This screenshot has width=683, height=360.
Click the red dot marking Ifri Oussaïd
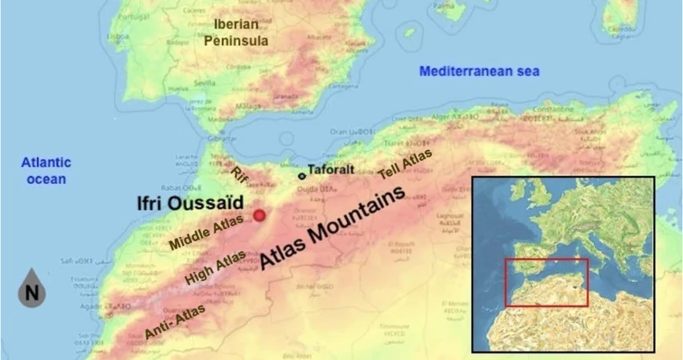coord(260,215)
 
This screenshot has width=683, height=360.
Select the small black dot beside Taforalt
coord(301,175)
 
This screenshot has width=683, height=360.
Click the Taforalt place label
coord(331,171)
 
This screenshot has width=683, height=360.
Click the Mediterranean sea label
coord(479,72)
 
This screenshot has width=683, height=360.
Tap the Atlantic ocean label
coord(45,170)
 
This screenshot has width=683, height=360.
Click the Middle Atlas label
coord(205,230)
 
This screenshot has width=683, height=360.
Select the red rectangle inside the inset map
coord(546,282)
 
